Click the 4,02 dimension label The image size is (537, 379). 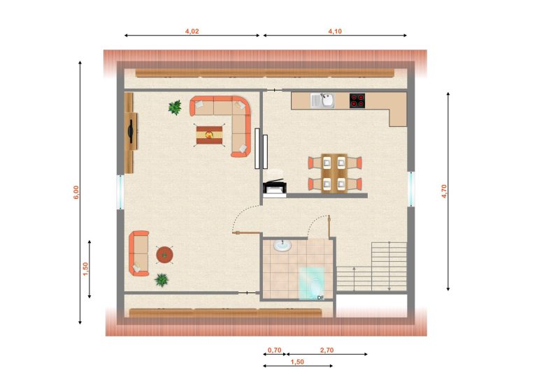click(x=192, y=31)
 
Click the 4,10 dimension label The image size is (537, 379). click(x=335, y=31)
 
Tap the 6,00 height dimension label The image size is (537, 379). click(x=76, y=192)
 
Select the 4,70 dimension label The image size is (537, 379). click(x=444, y=191)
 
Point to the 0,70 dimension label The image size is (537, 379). click(x=274, y=350)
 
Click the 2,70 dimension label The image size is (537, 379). click(x=327, y=350)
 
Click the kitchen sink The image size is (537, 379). click(x=322, y=100)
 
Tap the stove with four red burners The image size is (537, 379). click(x=357, y=101)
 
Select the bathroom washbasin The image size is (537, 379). click(x=282, y=245)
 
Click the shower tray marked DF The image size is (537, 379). click(x=312, y=283)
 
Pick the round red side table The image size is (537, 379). click(x=165, y=255)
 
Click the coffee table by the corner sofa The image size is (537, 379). click(x=209, y=135)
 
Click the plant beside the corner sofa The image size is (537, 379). click(x=175, y=107)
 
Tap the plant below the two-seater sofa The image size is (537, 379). click(x=162, y=280)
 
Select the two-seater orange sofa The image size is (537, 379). click(x=138, y=253)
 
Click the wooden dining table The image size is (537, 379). click(x=334, y=173)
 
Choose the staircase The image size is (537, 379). click(x=372, y=267)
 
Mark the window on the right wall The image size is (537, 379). click(x=411, y=189)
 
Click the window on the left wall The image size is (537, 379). click(x=120, y=192)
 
